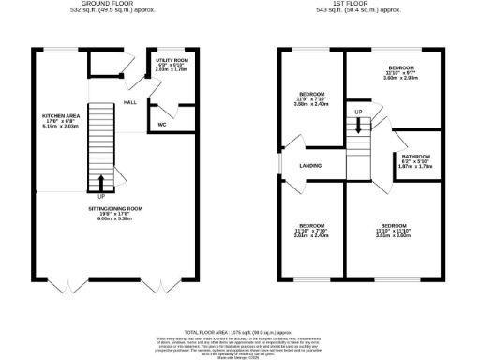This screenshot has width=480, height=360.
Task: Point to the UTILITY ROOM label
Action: click(172, 58)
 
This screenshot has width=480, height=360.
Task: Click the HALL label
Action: click(130, 103)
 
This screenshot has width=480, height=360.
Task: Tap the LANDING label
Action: click(310, 166)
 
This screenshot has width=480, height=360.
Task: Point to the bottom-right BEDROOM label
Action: click(393, 225)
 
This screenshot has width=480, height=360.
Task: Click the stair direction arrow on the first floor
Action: click(357, 124)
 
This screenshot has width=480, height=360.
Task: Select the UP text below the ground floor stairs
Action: click(101, 197)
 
